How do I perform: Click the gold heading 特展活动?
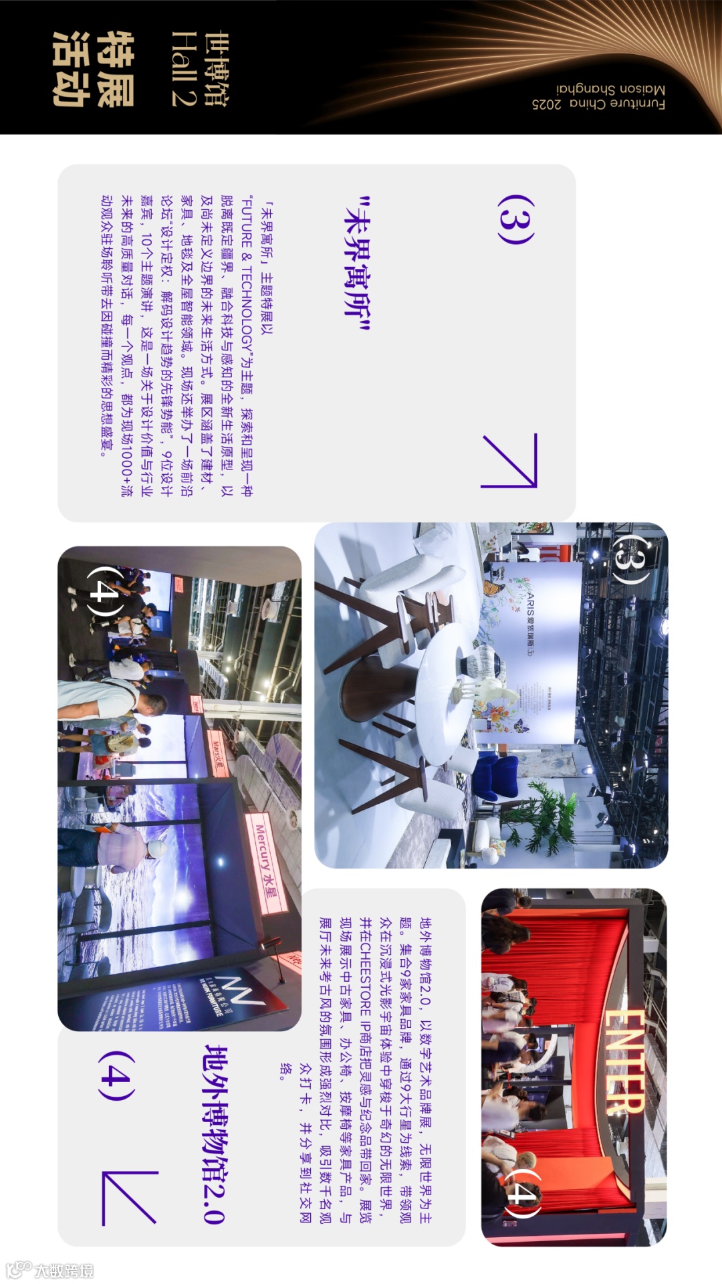pos(94,69)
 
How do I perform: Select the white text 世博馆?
pos(216,69)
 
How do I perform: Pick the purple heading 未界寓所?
pos(357,265)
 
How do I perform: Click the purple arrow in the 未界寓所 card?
pos(509,461)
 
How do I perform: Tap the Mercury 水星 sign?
pos(267,863)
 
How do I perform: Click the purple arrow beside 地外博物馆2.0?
pos(130,1198)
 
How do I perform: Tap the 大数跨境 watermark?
pos(50,1270)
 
